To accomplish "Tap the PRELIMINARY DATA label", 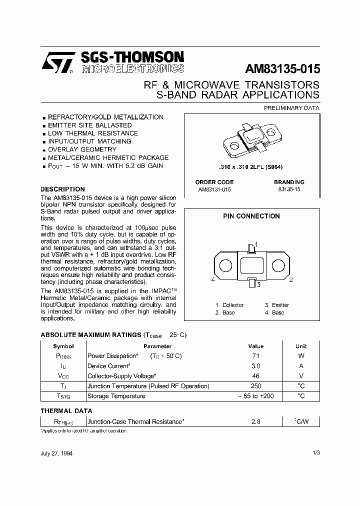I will click(291, 107).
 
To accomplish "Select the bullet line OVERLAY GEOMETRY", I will click(82, 149).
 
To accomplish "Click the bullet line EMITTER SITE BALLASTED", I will click(89, 125).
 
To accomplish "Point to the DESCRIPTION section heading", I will click(62, 189).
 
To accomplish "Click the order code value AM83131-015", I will click(214, 190).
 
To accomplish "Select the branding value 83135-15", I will click(289, 190).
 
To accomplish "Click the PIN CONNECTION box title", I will click(251, 216).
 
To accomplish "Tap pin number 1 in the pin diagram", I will click(256, 244).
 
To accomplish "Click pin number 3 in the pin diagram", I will click(257, 284).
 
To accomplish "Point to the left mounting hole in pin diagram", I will click(225, 264).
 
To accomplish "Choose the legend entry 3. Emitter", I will click(276, 305).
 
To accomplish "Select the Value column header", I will click(255, 346).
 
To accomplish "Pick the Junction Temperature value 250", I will click(255, 386).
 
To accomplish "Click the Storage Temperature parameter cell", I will click(116, 396).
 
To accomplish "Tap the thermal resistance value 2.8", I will click(255, 422).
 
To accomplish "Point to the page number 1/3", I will click(315, 453).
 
